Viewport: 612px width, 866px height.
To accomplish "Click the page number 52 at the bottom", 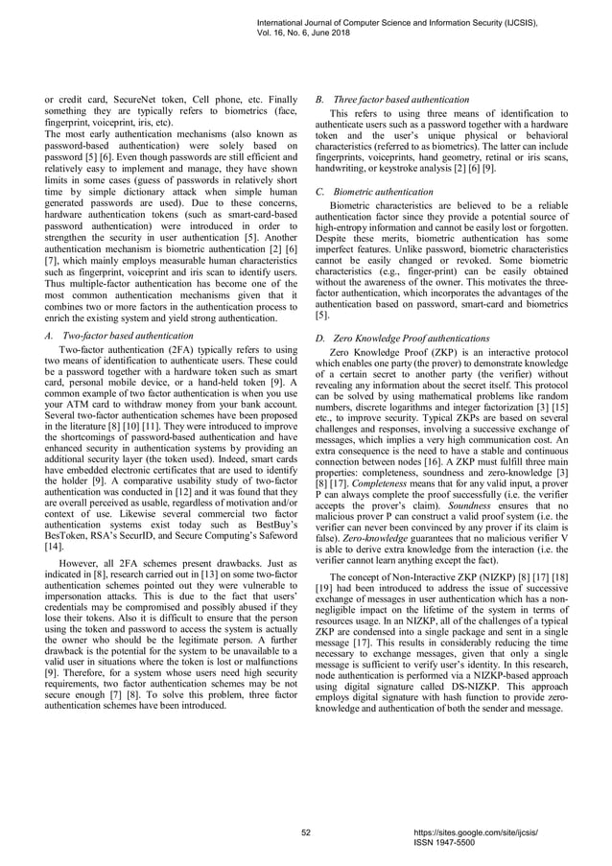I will (x=306, y=832).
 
